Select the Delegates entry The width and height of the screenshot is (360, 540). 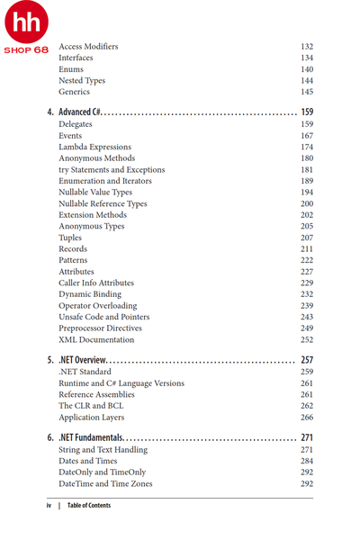[x=76, y=124]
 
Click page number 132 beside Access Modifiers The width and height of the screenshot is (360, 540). [x=306, y=47]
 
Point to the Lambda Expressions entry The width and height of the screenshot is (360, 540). [x=94, y=147]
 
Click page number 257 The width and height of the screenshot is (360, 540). [x=306, y=359]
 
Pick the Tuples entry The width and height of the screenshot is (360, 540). [x=70, y=238]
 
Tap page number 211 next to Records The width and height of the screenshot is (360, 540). [x=306, y=249]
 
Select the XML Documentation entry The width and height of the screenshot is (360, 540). [x=96, y=340]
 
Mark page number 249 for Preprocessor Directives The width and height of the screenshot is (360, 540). [x=306, y=328]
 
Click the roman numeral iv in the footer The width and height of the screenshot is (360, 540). [x=49, y=506]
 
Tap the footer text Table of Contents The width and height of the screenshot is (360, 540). [x=89, y=506]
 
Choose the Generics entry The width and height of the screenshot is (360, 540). [x=74, y=92]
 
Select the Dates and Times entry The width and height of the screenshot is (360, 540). [x=87, y=461]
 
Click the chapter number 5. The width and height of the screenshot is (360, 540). [x=50, y=359]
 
